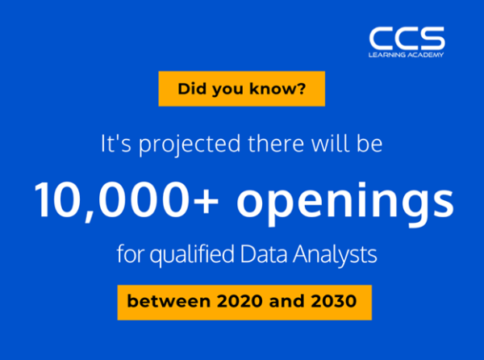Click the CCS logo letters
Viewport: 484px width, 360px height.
pos(407,38)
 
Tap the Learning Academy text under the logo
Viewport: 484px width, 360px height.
pos(406,55)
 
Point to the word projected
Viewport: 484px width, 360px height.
pos(190,144)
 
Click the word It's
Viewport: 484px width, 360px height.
pos(116,144)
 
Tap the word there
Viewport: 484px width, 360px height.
pos(276,144)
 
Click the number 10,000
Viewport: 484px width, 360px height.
pos(112,201)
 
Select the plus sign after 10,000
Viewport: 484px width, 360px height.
pos(206,201)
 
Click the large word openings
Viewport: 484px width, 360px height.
pos(345,204)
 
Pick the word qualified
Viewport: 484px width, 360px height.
pos(192,255)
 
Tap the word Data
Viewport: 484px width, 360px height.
pos(264,254)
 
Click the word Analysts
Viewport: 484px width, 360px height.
pos(335,255)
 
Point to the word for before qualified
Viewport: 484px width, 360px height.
pos(130,253)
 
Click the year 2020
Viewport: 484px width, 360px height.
pos(240,301)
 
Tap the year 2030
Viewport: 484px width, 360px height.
pos(334,301)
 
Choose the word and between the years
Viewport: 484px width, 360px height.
pos(286,301)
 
